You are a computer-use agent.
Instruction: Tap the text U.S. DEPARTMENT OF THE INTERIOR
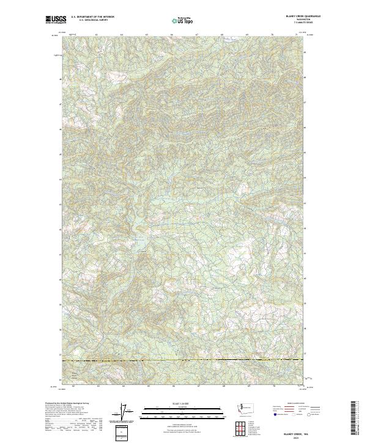coord(92,17)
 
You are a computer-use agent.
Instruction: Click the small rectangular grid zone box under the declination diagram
coord(123,432)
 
